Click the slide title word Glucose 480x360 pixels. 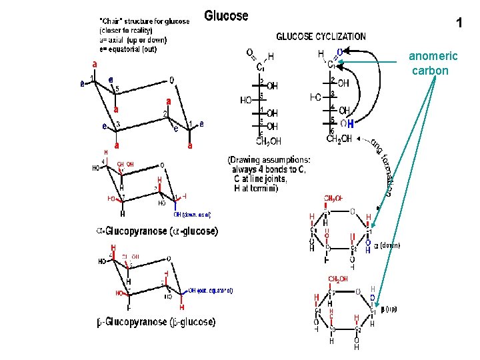pyautogui.click(x=226, y=15)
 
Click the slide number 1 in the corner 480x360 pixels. pyautogui.click(x=459, y=24)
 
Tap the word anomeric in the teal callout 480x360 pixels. pyautogui.click(x=433, y=57)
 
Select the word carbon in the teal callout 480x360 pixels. pyautogui.click(x=430, y=70)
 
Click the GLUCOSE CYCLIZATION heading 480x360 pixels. pyautogui.click(x=321, y=37)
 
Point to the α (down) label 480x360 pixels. pyautogui.click(x=387, y=245)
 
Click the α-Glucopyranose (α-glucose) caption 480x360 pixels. pyautogui.click(x=157, y=231)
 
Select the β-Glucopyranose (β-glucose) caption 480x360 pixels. pyautogui.click(x=157, y=322)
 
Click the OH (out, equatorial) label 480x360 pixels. pyautogui.click(x=210, y=290)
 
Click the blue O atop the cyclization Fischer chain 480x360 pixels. pyautogui.click(x=340, y=51)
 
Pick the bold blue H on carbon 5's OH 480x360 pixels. pyautogui.click(x=350, y=123)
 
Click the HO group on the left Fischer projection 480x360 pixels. pyautogui.click(x=246, y=100)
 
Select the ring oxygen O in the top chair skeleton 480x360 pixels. pyautogui.click(x=172, y=81)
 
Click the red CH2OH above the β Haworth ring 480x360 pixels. pyautogui.click(x=339, y=279)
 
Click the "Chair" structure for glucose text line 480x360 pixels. pyautogui.click(x=143, y=21)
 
